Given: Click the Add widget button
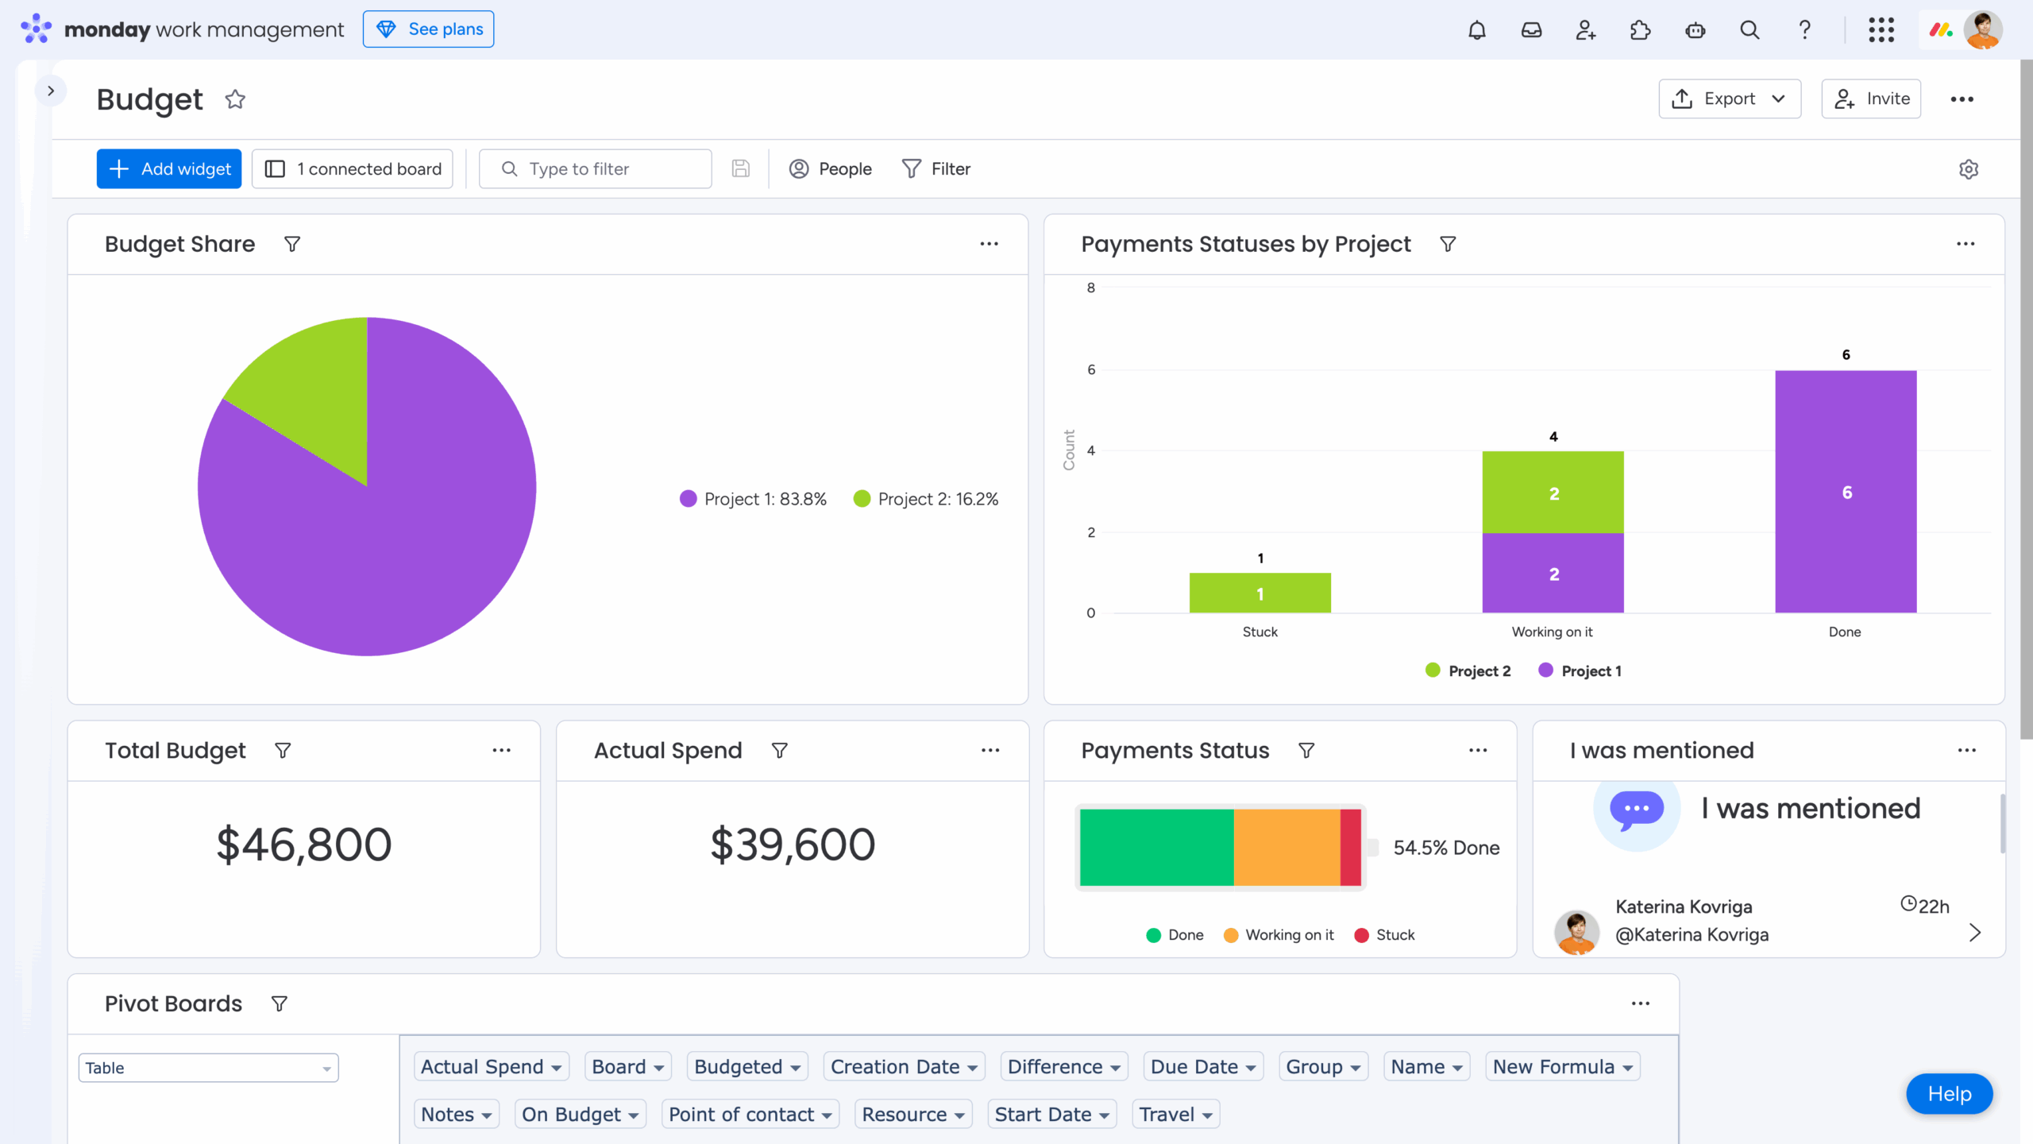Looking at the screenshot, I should point(168,168).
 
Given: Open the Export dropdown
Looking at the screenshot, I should point(1729,99).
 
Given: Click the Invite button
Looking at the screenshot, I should point(1871,99).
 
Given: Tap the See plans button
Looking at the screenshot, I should point(428,29).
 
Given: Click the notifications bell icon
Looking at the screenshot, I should point(1476,30).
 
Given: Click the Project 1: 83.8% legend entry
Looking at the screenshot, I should point(753,499).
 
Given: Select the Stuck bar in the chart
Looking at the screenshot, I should point(1260,593).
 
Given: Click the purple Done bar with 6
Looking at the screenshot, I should point(1846,491).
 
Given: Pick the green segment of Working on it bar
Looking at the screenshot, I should point(1553,493).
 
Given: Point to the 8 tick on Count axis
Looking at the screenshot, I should point(1091,288).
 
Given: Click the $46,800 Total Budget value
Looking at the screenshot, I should point(303,844).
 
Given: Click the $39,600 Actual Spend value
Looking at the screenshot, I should point(793,844).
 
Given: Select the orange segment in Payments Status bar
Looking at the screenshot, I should point(1287,847).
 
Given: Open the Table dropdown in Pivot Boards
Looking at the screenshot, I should point(208,1068).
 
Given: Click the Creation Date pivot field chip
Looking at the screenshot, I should point(904,1067).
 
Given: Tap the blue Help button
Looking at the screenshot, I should point(1949,1094).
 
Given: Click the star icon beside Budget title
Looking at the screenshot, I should point(235,99).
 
